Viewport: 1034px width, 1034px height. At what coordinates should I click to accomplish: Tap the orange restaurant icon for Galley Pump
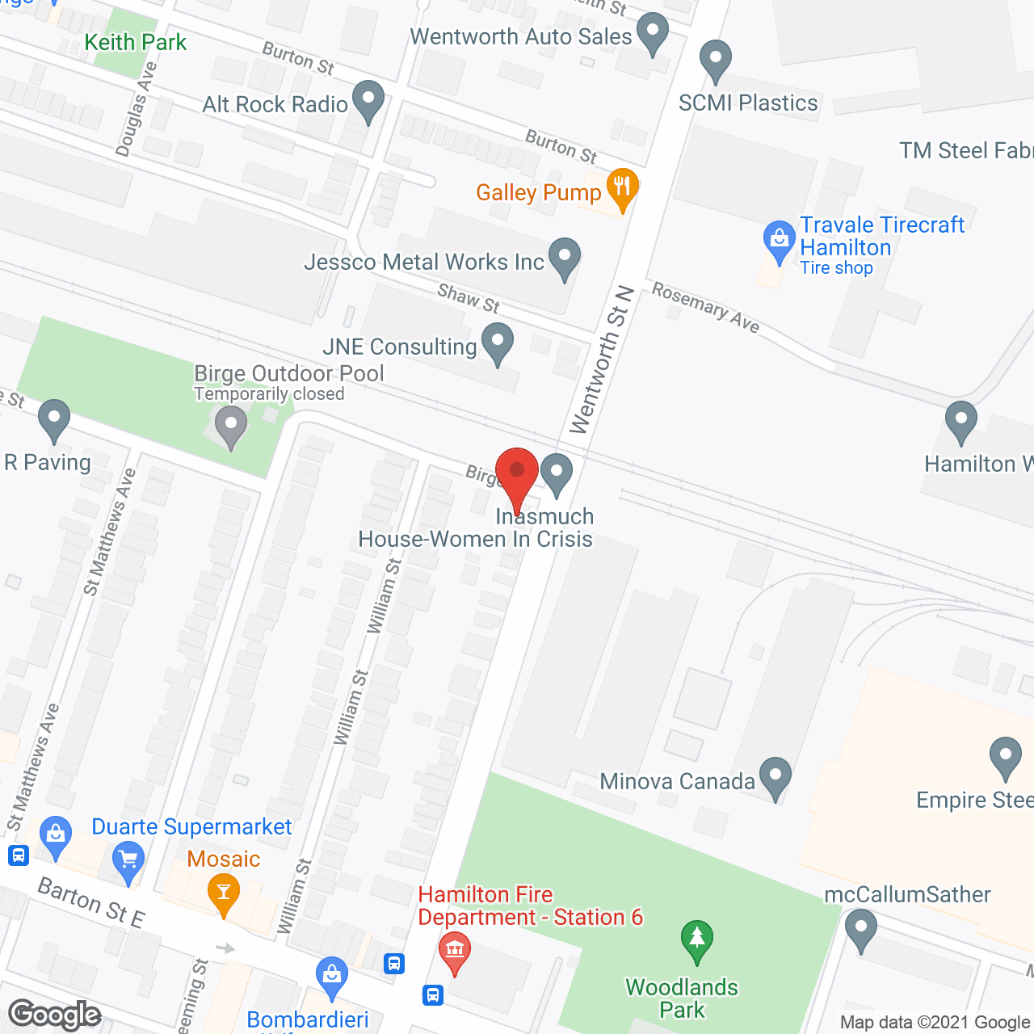[x=621, y=188]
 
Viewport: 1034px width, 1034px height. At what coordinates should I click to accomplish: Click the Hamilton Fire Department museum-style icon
[x=455, y=951]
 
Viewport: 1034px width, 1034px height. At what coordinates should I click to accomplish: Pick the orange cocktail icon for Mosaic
[x=224, y=893]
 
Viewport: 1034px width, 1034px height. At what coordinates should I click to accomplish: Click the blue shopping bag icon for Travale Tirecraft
[x=779, y=240]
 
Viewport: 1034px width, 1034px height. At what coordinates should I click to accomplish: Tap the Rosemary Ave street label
[x=705, y=307]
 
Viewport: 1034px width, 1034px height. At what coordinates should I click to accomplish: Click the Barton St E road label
[x=91, y=902]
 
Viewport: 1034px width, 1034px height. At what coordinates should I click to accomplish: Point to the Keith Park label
[x=135, y=42]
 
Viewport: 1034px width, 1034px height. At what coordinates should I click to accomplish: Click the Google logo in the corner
[x=55, y=1015]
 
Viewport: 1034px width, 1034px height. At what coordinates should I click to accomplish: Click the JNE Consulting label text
[x=400, y=347]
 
